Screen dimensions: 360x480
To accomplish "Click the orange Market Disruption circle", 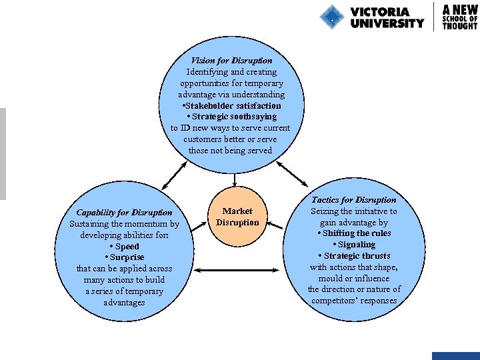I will pyautogui.click(x=237, y=216).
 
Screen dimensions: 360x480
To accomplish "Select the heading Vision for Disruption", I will pyautogui.click(x=231, y=61).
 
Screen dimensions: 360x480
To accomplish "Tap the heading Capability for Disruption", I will pyautogui.click(x=124, y=213).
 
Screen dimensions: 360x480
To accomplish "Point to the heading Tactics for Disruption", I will pyautogui.click(x=353, y=200).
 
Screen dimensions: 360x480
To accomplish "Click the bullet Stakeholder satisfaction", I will pyautogui.click(x=231, y=105).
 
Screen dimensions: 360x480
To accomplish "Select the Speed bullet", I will pyautogui.click(x=124, y=247).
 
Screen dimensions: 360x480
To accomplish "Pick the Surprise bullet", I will pyautogui.click(x=124, y=257).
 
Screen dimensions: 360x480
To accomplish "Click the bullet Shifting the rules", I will pyautogui.click(x=354, y=233).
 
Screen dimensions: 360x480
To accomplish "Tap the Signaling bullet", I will pyautogui.click(x=354, y=245).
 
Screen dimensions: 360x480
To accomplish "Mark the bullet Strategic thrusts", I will pyautogui.click(x=354, y=256).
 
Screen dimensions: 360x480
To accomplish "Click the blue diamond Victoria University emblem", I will pyautogui.click(x=331, y=17).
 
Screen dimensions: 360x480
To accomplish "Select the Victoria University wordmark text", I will pyautogui.click(x=387, y=17).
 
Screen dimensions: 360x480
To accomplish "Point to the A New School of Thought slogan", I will pyautogui.click(x=460, y=17).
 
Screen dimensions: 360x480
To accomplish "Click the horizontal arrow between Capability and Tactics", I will pyautogui.click(x=237, y=270).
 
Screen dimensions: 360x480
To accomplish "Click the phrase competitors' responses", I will pyautogui.click(x=354, y=301).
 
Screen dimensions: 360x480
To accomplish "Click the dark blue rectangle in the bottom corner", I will pyautogui.click(x=455, y=356).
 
